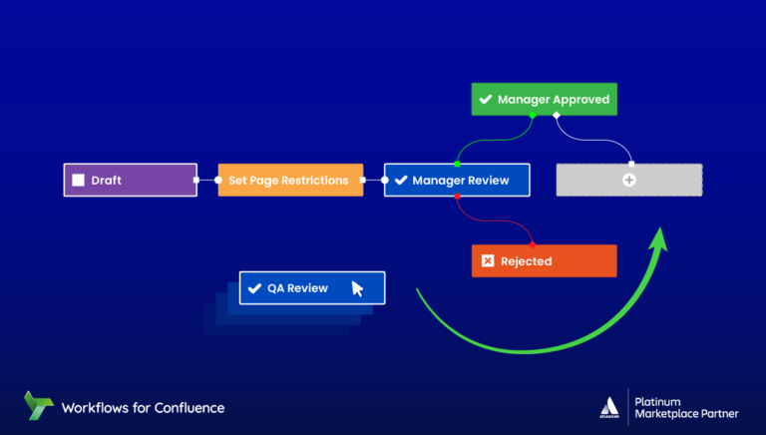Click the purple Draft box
click(131, 181)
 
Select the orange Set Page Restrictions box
click(289, 181)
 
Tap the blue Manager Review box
click(457, 181)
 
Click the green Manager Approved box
click(545, 100)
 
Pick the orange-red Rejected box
click(544, 261)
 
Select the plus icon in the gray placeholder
click(628, 181)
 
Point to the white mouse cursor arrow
click(357, 289)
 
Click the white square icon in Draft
click(78, 181)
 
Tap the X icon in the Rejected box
click(487, 261)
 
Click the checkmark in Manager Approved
click(486, 100)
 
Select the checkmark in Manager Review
click(400, 181)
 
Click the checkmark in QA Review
click(254, 288)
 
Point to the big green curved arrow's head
click(658, 236)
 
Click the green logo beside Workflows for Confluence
click(39, 406)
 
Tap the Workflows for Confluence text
click(143, 407)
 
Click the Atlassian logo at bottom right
click(609, 407)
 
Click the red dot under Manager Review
click(457, 198)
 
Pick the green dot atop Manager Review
click(457, 164)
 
